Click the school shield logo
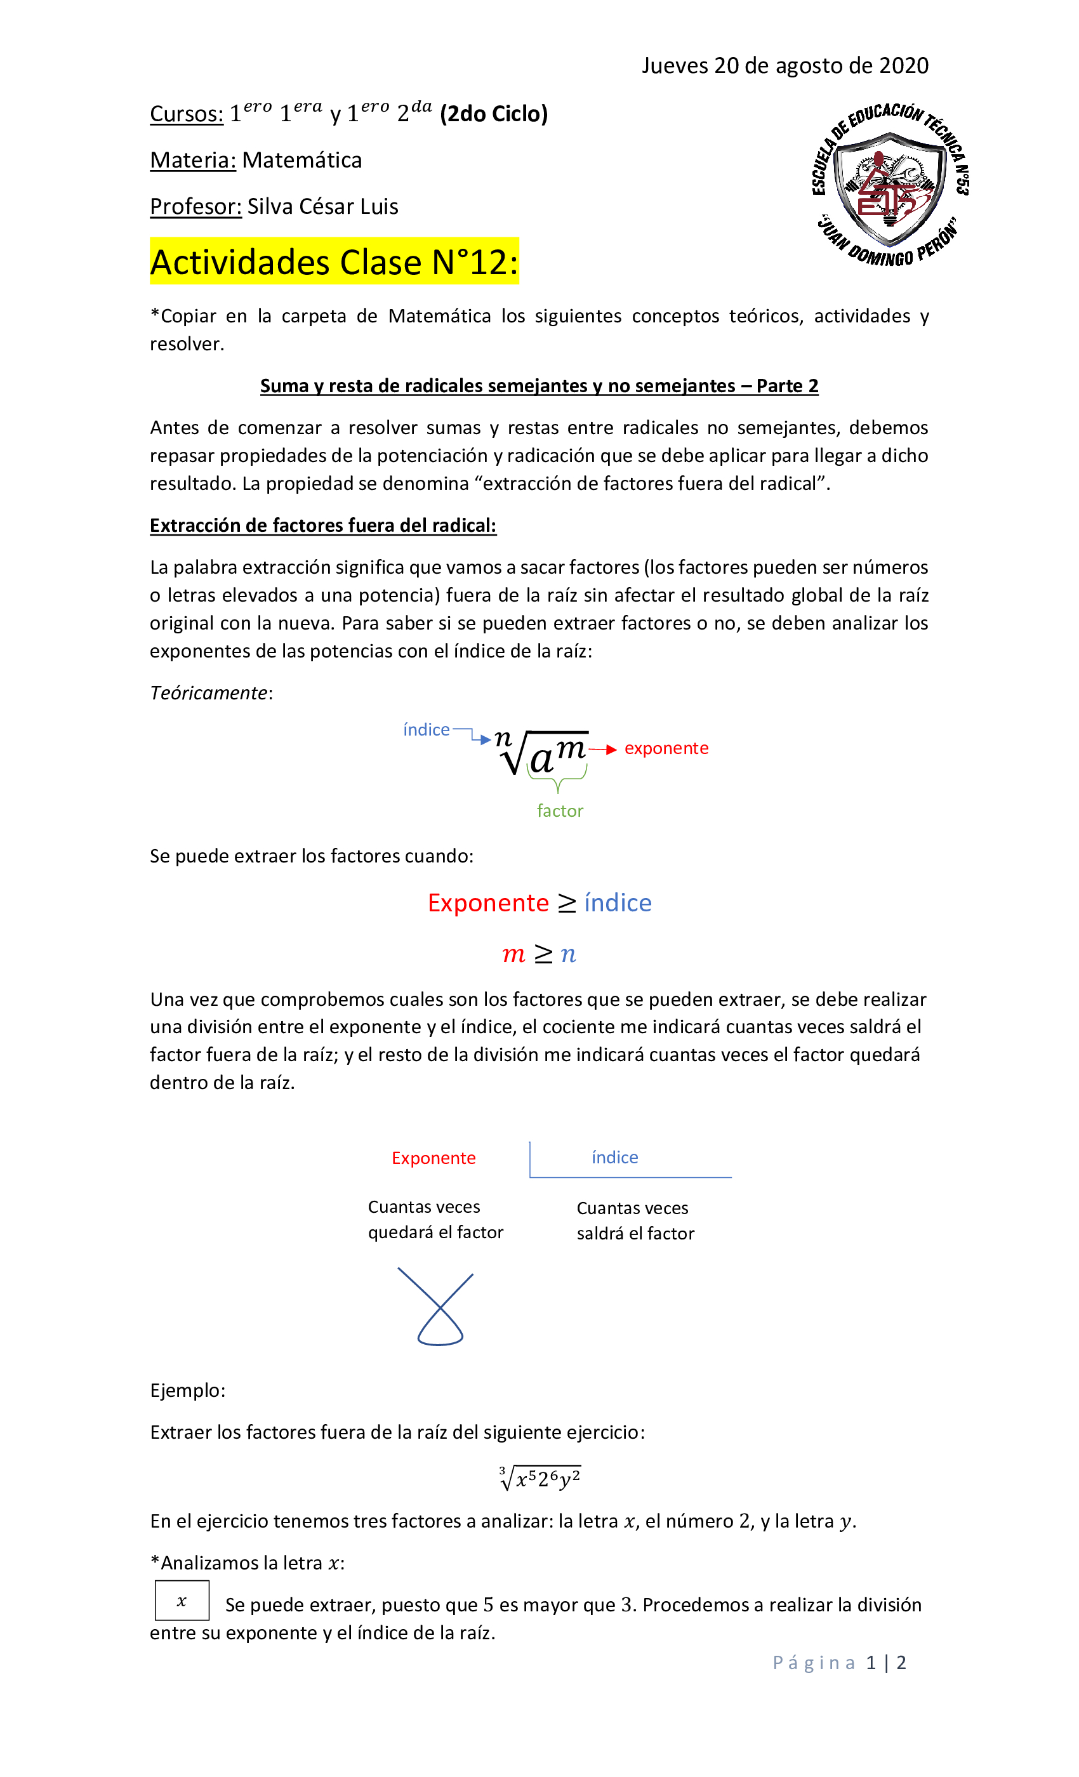889,185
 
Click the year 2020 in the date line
903,65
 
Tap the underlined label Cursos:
186,114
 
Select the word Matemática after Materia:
301,160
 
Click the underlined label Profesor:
195,207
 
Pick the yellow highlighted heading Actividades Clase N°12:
334,261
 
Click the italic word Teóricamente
208,693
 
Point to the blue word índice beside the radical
427,730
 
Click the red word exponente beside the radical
666,749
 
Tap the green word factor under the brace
560,811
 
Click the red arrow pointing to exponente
603,750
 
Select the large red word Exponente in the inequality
488,903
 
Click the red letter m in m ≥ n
513,955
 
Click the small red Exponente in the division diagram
434,1158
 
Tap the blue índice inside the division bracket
614,1158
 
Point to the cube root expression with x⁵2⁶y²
539,1477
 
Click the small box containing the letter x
182,1601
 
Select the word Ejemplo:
187,1391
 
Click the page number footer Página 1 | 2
839,1663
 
